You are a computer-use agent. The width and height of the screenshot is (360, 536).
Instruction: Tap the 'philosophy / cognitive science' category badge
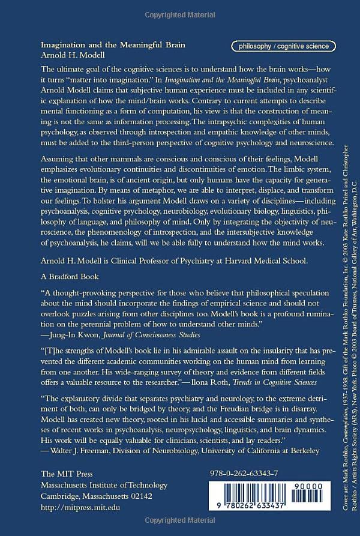coord(283,46)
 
